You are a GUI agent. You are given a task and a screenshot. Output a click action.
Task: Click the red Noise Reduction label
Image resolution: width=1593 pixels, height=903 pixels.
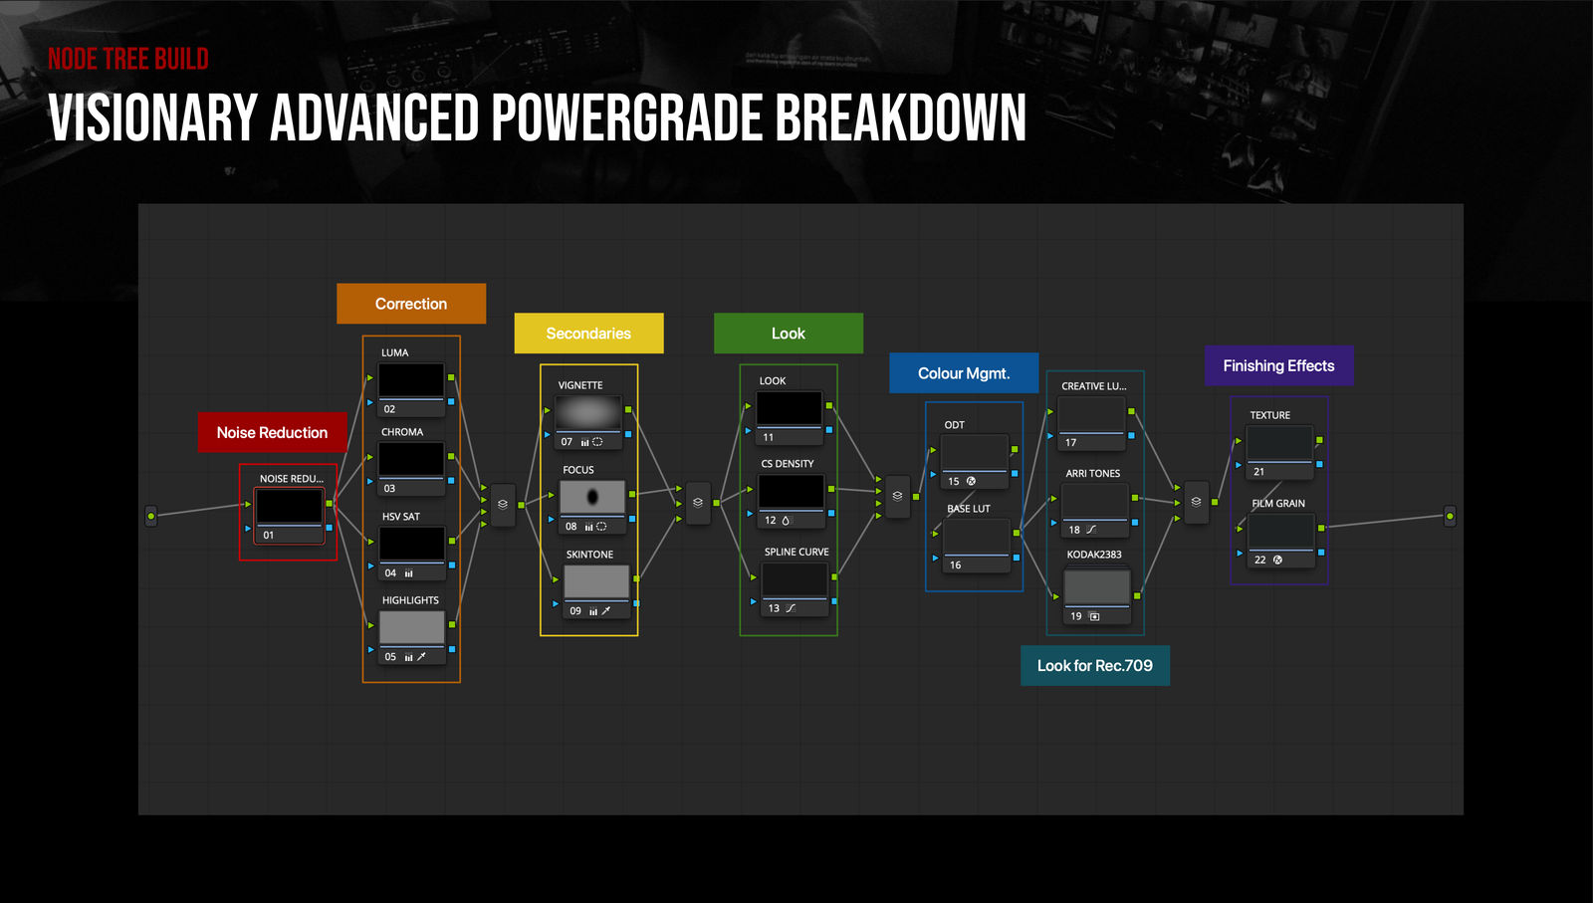pyautogui.click(x=273, y=432)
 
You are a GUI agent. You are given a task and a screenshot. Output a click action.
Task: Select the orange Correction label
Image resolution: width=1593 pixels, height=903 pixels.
pyautogui.click(x=411, y=304)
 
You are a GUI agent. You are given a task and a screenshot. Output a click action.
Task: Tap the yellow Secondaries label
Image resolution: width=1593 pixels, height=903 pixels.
pyautogui.click(x=588, y=334)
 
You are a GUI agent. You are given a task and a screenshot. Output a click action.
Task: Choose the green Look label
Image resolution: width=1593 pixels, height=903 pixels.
pyautogui.click(x=789, y=334)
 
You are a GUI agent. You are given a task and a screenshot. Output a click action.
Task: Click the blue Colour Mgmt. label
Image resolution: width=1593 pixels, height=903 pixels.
pyautogui.click(x=964, y=373)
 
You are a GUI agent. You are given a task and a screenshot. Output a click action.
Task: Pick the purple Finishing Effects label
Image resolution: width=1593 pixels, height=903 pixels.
pyautogui.click(x=1278, y=365)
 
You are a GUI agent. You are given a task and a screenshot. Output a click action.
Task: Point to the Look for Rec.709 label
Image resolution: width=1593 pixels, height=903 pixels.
pyautogui.click(x=1095, y=665)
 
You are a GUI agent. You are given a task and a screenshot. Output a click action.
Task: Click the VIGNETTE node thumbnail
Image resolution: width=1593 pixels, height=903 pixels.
pyautogui.click(x=588, y=412)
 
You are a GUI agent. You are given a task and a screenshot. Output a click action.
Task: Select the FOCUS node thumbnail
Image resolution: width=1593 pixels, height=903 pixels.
pyautogui.click(x=592, y=497)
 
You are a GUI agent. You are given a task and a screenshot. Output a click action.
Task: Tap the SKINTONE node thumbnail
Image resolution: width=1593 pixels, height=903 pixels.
pyautogui.click(x=596, y=581)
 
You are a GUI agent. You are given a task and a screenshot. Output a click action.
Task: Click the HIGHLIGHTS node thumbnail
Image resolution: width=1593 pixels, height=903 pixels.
pyautogui.click(x=412, y=628)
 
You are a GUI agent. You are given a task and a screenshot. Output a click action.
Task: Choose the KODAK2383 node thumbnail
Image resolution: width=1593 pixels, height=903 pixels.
pyautogui.click(x=1096, y=587)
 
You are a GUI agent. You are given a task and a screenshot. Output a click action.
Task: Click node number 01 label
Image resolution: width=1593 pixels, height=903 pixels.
pyautogui.click(x=268, y=535)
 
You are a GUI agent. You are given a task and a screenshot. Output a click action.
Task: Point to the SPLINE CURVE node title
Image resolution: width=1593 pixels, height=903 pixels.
pyautogui.click(x=796, y=552)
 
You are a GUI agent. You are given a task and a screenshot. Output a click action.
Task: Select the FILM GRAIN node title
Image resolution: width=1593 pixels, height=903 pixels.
pyautogui.click(x=1278, y=504)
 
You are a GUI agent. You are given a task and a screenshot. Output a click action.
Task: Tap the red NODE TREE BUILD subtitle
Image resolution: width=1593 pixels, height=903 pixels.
pyautogui.click(x=128, y=59)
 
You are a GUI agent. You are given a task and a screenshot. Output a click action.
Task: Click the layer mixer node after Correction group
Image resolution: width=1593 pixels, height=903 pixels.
pyautogui.click(x=503, y=504)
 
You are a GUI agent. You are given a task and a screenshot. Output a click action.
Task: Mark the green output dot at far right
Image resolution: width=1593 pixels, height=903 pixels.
pyautogui.click(x=1450, y=516)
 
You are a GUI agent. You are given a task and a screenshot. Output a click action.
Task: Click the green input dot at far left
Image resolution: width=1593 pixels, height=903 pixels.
pyautogui.click(x=150, y=516)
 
